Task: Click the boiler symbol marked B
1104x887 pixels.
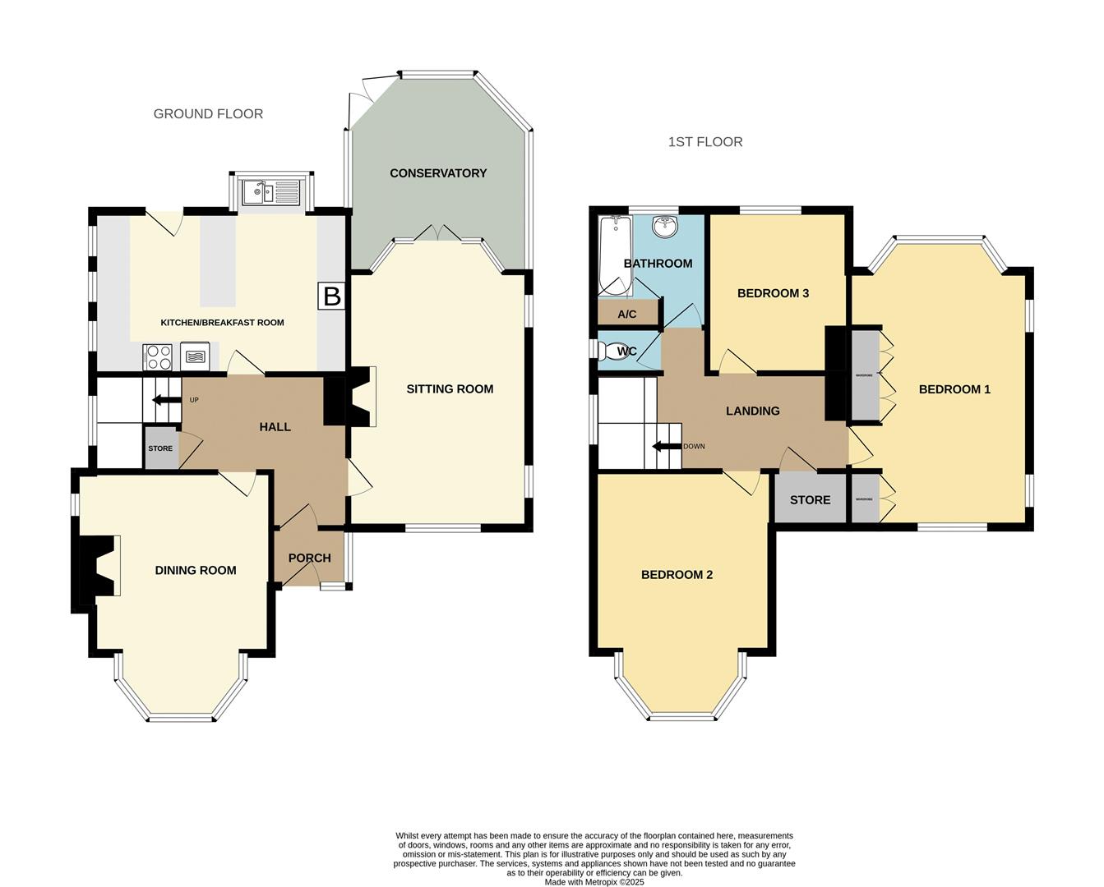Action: point(331,296)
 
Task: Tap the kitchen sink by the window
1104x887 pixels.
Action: point(270,193)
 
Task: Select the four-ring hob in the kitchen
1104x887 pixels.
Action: point(158,356)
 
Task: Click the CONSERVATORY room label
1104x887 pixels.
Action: point(438,173)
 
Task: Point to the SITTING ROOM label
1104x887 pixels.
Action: point(450,389)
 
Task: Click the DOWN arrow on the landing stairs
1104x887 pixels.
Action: point(667,447)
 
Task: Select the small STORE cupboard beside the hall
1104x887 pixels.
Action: point(160,448)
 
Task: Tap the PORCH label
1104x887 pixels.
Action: point(309,558)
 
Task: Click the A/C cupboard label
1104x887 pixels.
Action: point(627,315)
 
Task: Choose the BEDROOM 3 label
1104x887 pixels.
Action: point(773,293)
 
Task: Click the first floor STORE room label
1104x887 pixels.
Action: point(810,500)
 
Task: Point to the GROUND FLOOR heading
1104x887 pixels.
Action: point(208,114)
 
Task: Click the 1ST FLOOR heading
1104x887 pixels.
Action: point(704,142)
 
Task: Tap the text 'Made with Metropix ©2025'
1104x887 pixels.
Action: point(594,882)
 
